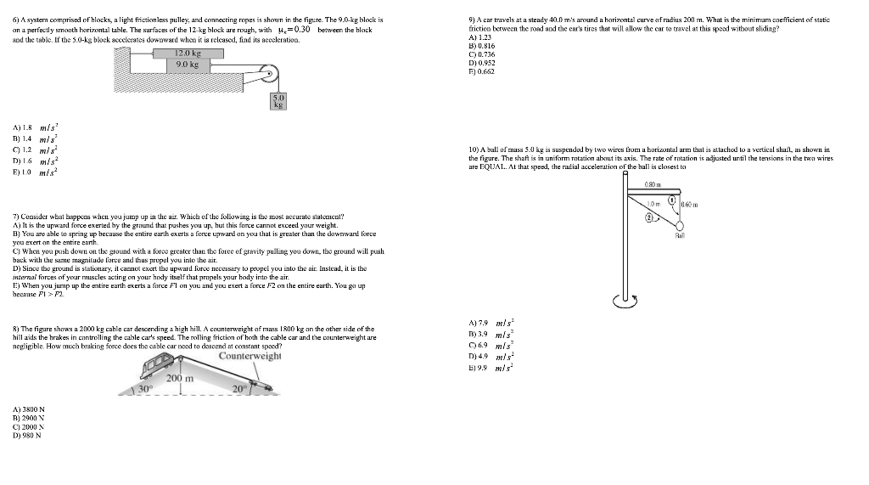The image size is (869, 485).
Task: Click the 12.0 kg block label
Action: click(188, 54)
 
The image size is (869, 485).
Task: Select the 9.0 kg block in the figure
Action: click(187, 65)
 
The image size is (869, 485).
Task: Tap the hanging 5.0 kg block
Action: click(278, 102)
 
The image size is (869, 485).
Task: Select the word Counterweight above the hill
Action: click(249, 356)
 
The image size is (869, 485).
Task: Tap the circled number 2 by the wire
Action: click(651, 218)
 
